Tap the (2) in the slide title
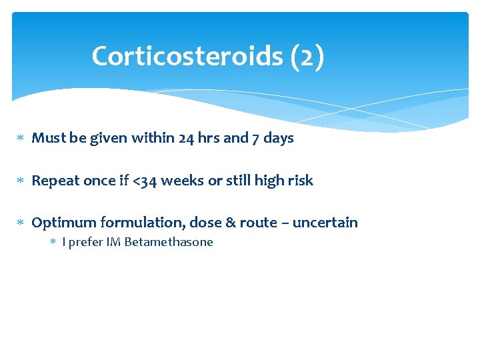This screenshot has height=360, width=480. coord(307,56)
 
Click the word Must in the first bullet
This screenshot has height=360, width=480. coord(47,138)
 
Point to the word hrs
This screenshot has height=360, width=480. coord(208,138)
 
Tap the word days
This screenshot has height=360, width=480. coord(278,138)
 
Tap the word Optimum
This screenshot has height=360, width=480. coord(64,223)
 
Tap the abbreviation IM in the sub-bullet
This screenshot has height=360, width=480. coord(113,242)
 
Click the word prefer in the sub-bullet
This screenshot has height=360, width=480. coord(85,242)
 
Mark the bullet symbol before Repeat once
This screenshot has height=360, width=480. coord(21,181)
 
